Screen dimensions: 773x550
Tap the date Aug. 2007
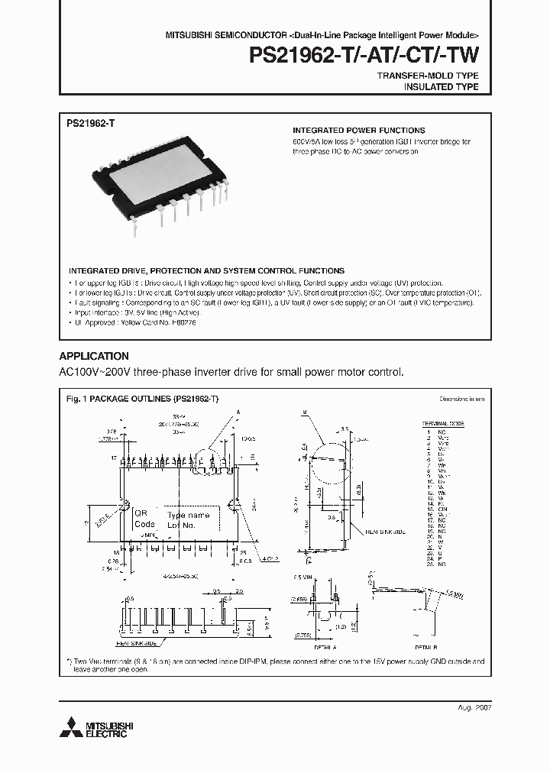pyautogui.click(x=475, y=708)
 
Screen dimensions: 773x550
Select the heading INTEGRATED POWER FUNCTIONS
pyautogui.click(x=358, y=131)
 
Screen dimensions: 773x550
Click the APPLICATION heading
pyautogui.click(x=94, y=356)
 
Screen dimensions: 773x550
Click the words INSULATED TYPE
pyautogui.click(x=441, y=87)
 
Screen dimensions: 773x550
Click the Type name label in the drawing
pyautogui.click(x=187, y=516)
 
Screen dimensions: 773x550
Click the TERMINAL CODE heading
pyautogui.click(x=444, y=423)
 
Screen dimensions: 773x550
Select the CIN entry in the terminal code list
pyautogui.click(x=442, y=511)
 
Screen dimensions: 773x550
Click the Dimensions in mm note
pyautogui.click(x=461, y=399)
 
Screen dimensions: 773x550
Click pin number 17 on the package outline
pyautogui.click(x=112, y=458)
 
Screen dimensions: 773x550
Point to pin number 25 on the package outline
pyautogui.click(x=242, y=550)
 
